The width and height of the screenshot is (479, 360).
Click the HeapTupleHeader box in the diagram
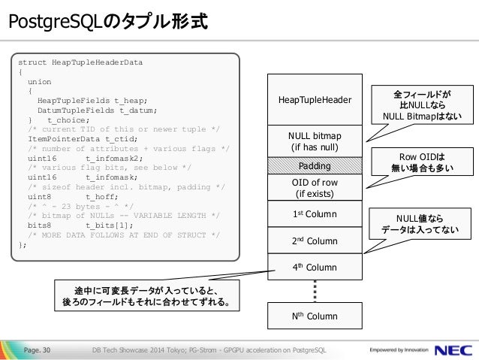[315, 99]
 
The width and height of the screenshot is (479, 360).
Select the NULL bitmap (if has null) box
[315, 141]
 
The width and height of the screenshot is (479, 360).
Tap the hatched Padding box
[315, 165]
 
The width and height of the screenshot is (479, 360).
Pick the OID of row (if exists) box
[315, 187]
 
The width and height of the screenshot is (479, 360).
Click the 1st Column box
[315, 214]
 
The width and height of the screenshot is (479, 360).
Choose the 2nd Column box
[315, 241]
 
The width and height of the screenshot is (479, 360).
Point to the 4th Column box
[315, 267]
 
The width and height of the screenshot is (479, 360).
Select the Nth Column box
[315, 316]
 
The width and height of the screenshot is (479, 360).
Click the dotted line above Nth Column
[315, 291]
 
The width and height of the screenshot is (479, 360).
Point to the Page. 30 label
[37, 349]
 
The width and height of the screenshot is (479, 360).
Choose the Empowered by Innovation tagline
[396, 349]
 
